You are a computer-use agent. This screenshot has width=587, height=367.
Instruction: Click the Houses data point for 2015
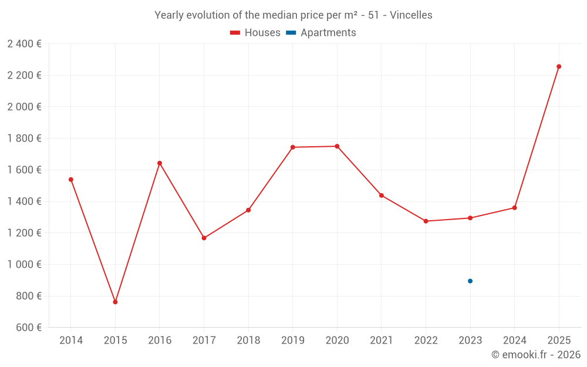tap(115, 302)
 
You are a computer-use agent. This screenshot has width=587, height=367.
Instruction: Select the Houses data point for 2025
tap(559, 66)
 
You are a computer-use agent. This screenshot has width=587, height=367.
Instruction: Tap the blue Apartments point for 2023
tap(470, 281)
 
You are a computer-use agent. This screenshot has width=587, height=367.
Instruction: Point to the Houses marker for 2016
tap(160, 163)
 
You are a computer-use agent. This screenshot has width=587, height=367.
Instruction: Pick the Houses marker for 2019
tap(293, 147)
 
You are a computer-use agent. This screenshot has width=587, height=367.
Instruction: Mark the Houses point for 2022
tap(426, 221)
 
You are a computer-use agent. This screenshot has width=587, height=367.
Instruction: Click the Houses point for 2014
tap(71, 180)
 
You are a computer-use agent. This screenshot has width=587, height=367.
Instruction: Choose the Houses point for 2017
tap(204, 238)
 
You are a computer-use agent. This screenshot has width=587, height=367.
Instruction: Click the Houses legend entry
tap(255, 33)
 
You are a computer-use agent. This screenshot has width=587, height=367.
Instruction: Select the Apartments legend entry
tap(321, 33)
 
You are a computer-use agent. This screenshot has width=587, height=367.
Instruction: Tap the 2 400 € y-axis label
tap(24, 43)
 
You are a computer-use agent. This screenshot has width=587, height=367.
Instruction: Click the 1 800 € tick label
tap(24, 138)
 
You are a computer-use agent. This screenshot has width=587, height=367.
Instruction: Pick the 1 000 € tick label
tap(24, 264)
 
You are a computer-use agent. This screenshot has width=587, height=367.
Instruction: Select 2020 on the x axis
tap(337, 341)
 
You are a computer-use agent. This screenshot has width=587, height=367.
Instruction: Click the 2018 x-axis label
tap(248, 341)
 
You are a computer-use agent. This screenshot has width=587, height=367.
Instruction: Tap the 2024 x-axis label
tap(515, 341)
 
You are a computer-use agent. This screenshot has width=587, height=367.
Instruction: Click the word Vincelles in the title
tap(411, 15)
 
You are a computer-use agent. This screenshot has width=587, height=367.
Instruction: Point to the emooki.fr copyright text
tap(535, 355)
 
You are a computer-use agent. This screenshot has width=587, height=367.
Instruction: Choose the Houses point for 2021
tap(382, 196)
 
